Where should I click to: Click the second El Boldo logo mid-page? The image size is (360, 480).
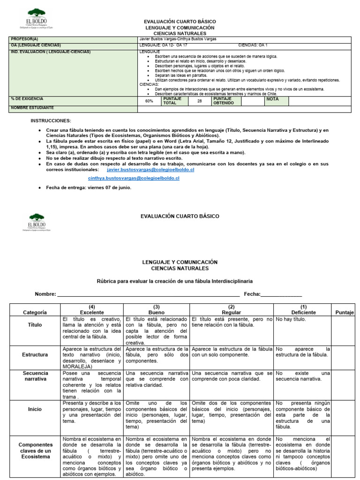37,221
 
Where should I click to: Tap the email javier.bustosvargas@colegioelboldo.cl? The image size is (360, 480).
150,170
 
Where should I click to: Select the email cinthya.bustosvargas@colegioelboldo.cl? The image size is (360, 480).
134,179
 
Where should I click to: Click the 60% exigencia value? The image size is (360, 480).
149,101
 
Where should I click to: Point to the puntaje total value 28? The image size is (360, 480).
199,101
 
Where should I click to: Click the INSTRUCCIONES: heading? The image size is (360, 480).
51,120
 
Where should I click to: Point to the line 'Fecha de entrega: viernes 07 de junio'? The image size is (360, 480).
89,187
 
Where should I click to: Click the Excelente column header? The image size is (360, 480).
92,312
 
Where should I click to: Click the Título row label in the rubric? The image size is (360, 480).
35,324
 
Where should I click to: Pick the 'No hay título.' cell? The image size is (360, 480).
291,319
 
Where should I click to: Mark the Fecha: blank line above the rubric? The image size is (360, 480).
281,295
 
